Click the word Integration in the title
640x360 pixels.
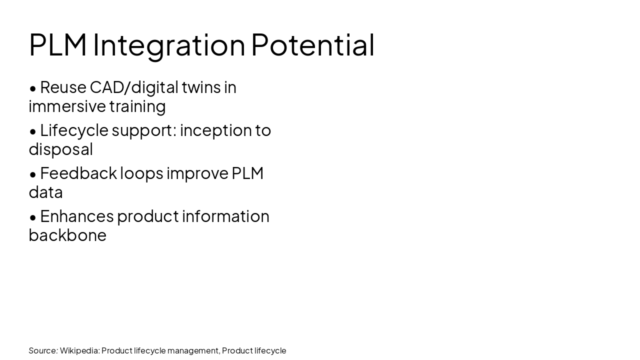pos(169,45)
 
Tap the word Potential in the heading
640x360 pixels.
pos(312,45)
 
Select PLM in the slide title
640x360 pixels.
pos(58,45)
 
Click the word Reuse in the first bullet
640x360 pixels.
pos(63,87)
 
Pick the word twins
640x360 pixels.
pos(201,87)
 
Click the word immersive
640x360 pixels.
pos(66,106)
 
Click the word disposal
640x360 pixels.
pos(60,149)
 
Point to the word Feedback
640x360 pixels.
pos(77,173)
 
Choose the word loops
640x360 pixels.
pos(141,173)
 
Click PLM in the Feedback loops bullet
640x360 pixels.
pos(247,173)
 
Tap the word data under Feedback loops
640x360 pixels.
pos(45,192)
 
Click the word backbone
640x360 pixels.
pos(67,235)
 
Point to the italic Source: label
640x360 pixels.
pos(43,350)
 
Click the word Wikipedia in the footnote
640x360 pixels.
pos(79,350)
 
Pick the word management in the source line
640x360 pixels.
pos(193,350)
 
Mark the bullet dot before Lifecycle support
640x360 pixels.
pos(33,131)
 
